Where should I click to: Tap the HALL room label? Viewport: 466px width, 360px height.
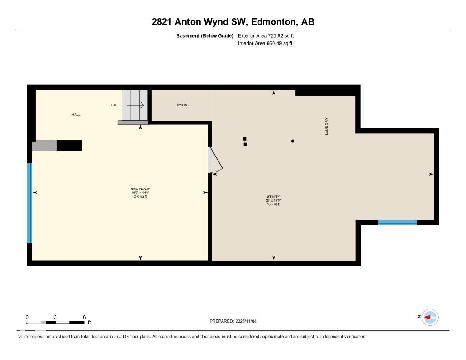(x=76, y=114)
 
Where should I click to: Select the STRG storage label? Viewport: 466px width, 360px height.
(x=182, y=105)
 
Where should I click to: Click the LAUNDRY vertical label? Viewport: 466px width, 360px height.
(x=327, y=126)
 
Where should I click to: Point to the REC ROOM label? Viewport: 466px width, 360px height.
(x=140, y=188)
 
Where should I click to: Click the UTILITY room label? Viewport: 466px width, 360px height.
(x=273, y=197)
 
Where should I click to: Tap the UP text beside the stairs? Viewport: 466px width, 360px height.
(x=114, y=105)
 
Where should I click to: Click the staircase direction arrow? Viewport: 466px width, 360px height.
(x=135, y=105)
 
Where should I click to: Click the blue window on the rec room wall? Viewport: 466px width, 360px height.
(x=30, y=203)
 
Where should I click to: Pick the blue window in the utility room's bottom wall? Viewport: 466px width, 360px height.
(x=397, y=223)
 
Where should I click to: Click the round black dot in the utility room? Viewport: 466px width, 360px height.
(x=293, y=141)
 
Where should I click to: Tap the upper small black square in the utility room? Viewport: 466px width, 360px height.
(x=245, y=139)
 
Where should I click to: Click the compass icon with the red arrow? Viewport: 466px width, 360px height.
(x=430, y=317)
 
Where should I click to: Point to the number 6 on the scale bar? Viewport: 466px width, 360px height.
(x=84, y=317)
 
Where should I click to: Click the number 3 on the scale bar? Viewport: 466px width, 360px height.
(x=55, y=317)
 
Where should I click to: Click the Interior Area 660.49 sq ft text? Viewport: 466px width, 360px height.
(x=265, y=44)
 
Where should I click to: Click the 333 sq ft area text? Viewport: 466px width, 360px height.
(x=273, y=204)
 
